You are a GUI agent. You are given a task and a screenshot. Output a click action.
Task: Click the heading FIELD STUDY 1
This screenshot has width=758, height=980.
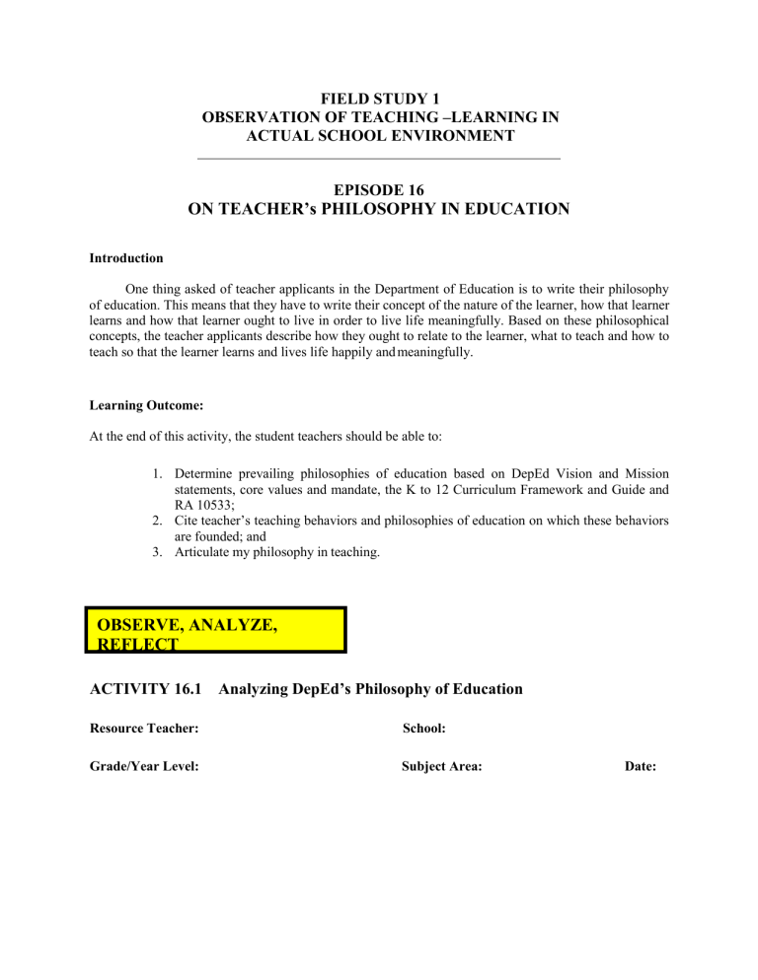point(379,99)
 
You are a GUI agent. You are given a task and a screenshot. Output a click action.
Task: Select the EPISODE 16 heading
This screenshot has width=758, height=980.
point(379,189)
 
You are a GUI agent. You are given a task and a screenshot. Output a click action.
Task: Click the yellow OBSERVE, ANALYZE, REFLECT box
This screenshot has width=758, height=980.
point(215,629)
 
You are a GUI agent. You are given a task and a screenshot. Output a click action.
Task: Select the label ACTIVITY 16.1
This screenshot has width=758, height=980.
point(141,689)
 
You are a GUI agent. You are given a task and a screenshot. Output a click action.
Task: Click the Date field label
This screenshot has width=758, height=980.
point(642,766)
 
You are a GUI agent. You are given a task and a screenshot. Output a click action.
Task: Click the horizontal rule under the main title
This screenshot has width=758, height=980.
point(379,158)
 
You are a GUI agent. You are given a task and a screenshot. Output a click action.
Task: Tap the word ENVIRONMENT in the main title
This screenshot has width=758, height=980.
point(449,135)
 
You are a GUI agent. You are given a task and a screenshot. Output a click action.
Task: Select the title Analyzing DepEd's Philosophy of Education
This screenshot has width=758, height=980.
point(370,689)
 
